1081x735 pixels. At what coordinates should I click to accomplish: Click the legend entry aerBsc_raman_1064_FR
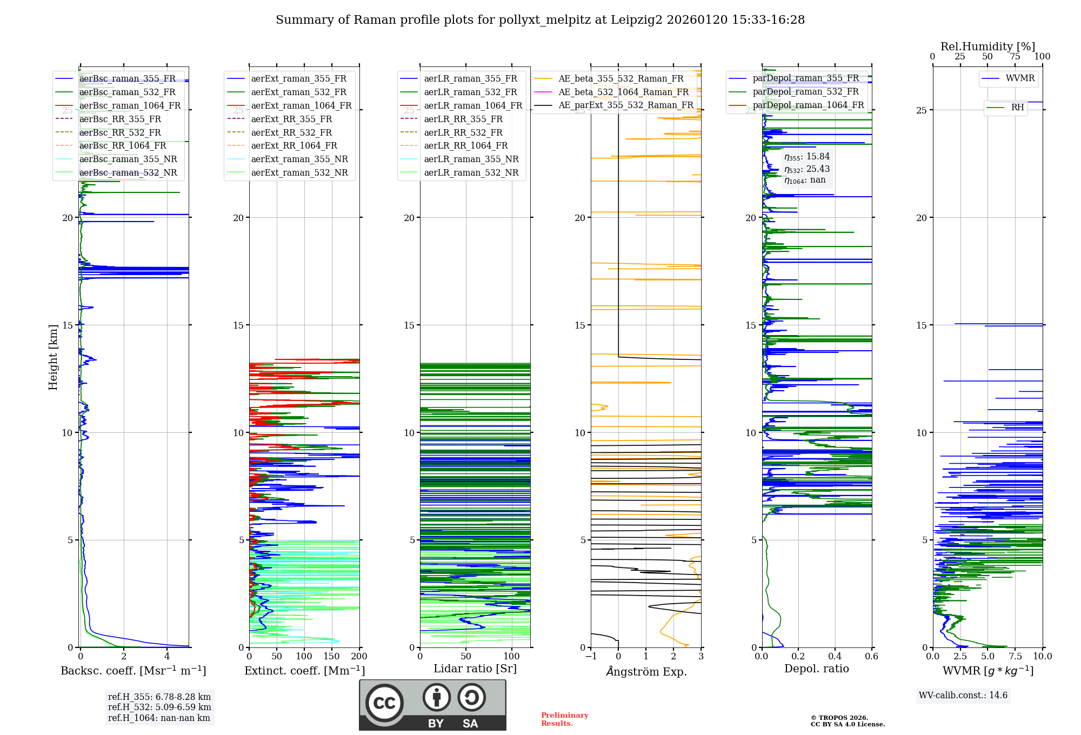pyautogui.click(x=130, y=106)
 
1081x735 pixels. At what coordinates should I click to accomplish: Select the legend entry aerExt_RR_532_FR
pyautogui.click(x=291, y=132)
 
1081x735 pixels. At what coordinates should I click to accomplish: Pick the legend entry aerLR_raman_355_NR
pyautogui.click(x=471, y=159)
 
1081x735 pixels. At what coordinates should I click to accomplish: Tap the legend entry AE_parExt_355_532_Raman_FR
pyautogui.click(x=625, y=105)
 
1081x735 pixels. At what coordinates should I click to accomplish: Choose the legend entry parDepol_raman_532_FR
pyautogui.click(x=805, y=92)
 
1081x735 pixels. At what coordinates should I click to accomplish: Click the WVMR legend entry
pyautogui.click(x=1020, y=78)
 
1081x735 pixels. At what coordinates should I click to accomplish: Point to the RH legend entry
pyautogui.click(x=1017, y=108)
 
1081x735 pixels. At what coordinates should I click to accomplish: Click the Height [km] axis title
pyautogui.click(x=53, y=357)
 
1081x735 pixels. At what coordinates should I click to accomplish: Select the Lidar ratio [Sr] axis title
pyautogui.click(x=475, y=669)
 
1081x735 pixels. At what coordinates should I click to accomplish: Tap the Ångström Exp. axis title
pyautogui.click(x=646, y=672)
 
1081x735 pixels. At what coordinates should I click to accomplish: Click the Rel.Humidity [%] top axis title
pyautogui.click(x=987, y=46)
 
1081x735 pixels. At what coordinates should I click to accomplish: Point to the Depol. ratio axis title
pyautogui.click(x=817, y=669)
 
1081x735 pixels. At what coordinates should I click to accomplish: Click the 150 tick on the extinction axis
pyautogui.click(x=331, y=657)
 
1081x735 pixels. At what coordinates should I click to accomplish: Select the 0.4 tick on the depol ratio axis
pyautogui.click(x=835, y=657)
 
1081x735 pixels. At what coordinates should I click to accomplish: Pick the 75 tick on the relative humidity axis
pyautogui.click(x=1015, y=57)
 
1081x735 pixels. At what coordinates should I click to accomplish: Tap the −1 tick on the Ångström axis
pyautogui.click(x=591, y=657)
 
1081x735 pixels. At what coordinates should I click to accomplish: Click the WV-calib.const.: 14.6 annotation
pyautogui.click(x=963, y=696)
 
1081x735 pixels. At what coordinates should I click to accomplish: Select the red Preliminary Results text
pyautogui.click(x=564, y=719)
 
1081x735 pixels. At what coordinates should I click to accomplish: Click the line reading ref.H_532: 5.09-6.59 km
pyautogui.click(x=159, y=707)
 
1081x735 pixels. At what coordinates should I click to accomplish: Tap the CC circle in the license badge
pyautogui.click(x=384, y=703)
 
